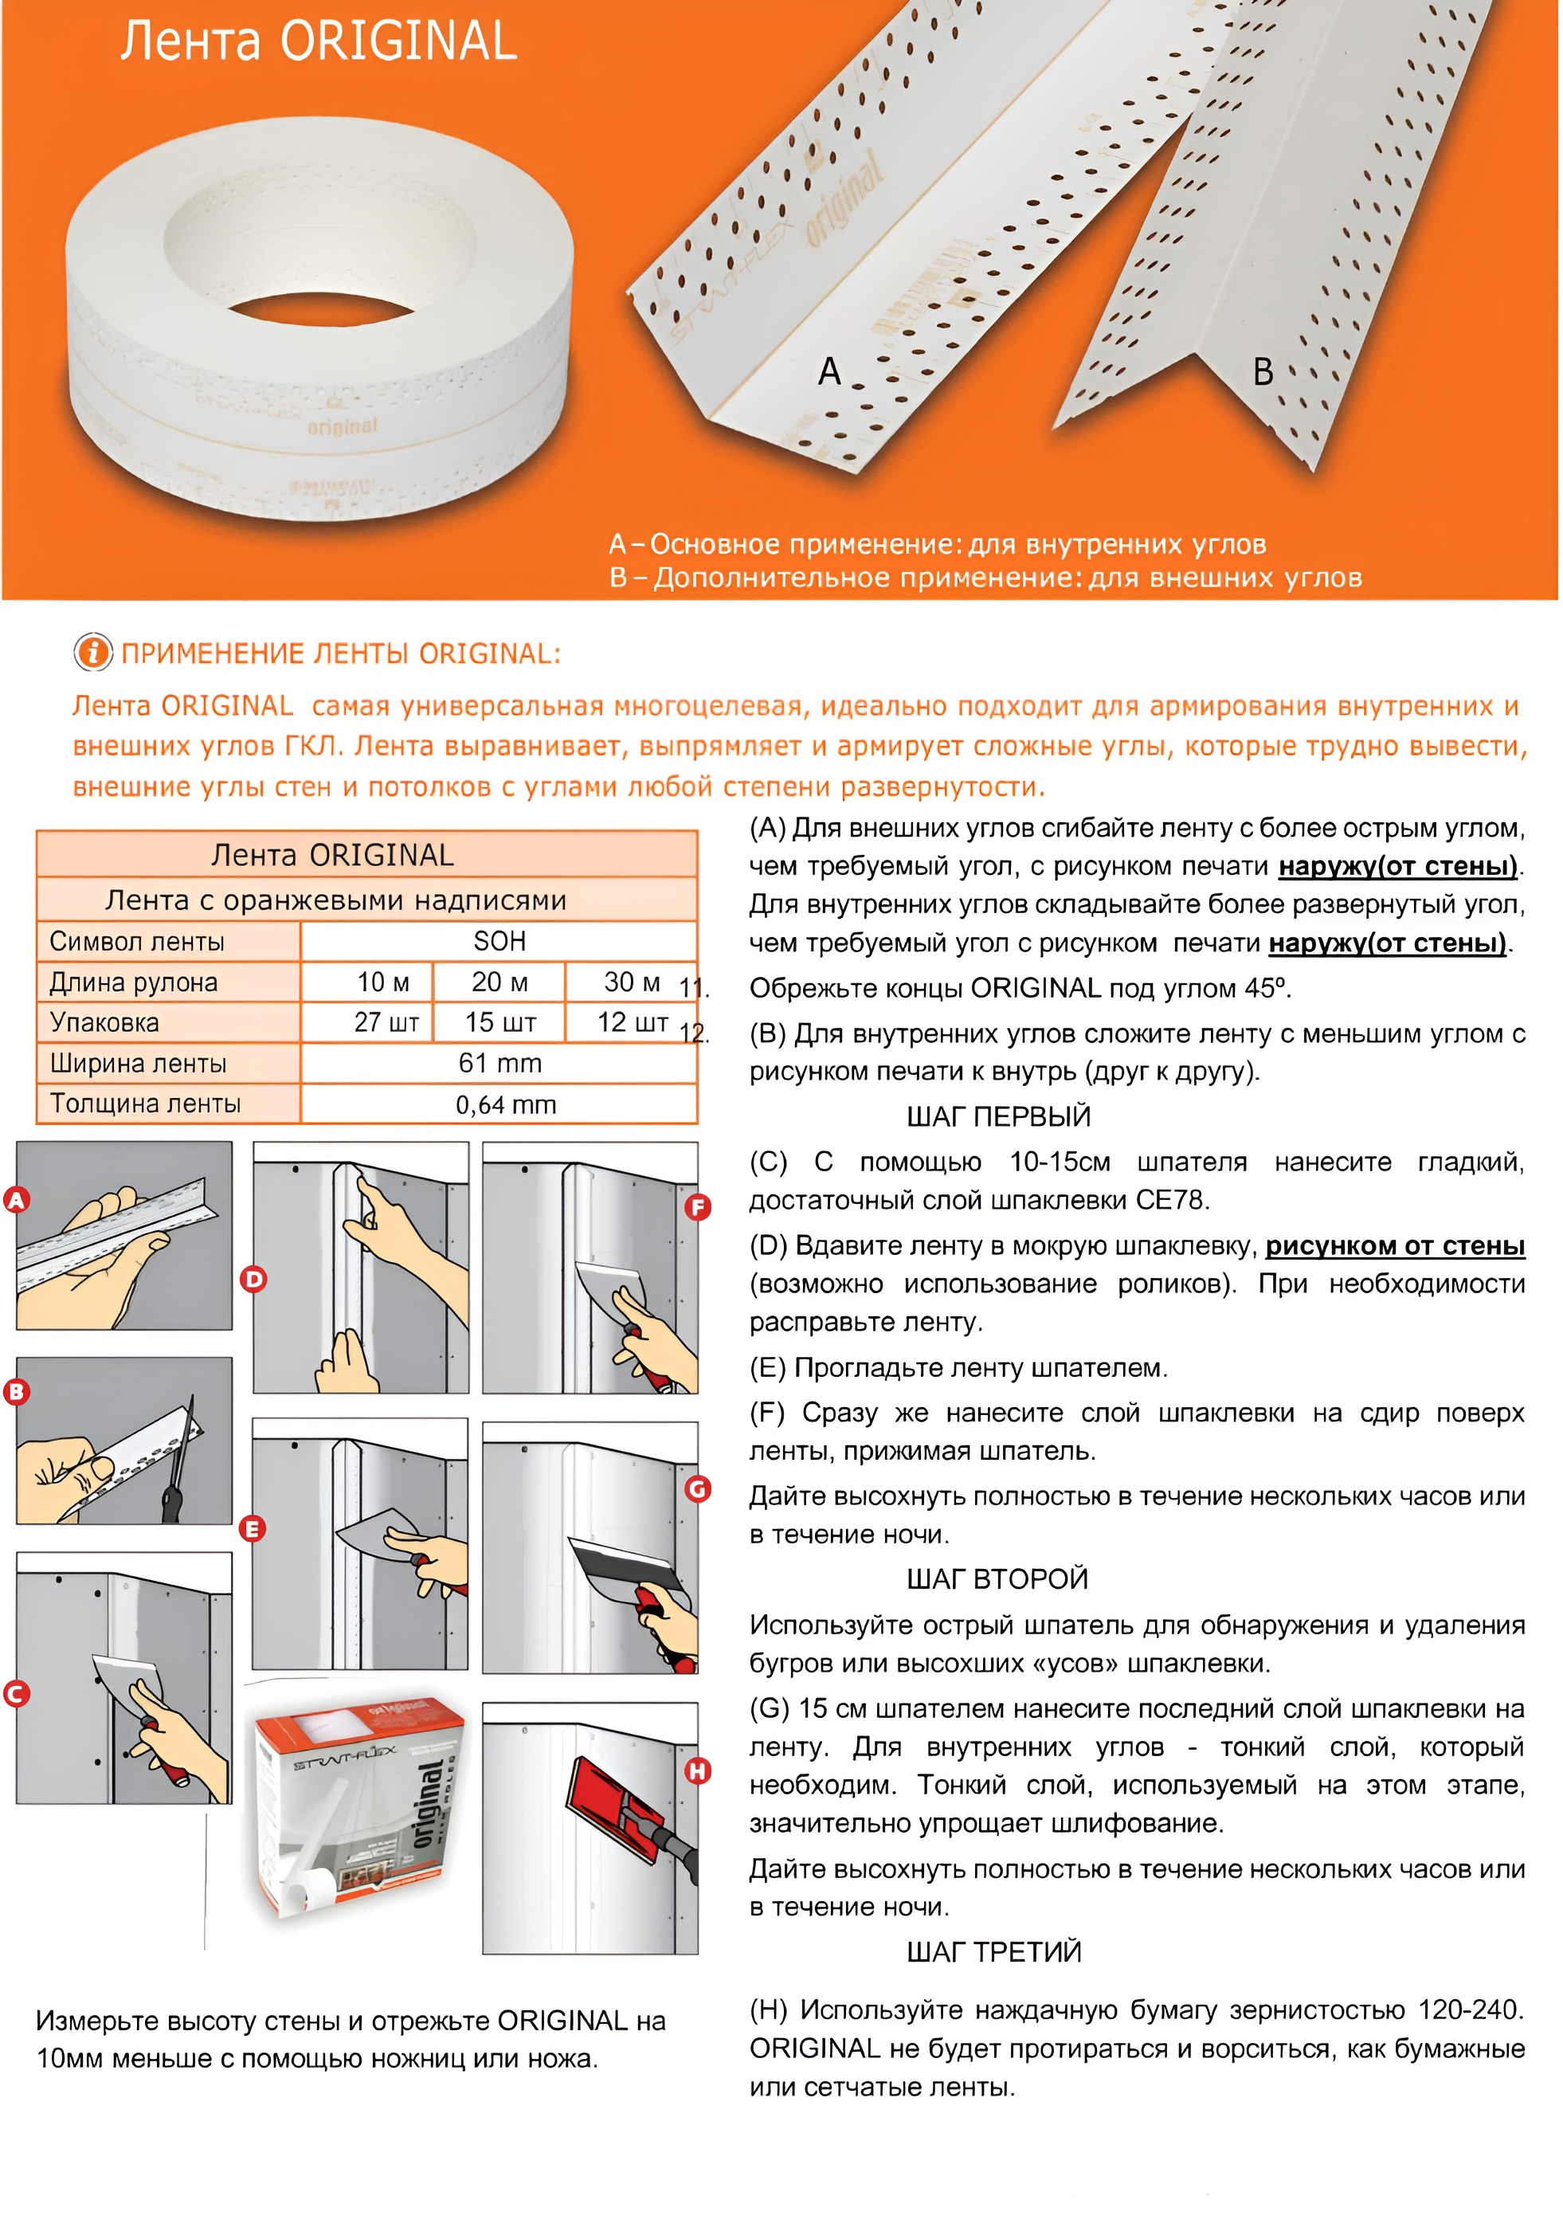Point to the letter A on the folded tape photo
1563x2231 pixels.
click(829, 371)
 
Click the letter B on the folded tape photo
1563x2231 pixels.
click(1263, 371)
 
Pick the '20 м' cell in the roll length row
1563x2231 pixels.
click(499, 982)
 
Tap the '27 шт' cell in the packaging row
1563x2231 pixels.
click(386, 1022)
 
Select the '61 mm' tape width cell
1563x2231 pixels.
click(499, 1063)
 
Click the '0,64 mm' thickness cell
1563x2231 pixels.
click(505, 1105)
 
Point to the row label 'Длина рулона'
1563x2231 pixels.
click(134, 982)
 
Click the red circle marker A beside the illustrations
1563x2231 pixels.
click(17, 1200)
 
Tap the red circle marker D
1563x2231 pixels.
click(253, 1279)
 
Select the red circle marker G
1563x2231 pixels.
click(698, 1488)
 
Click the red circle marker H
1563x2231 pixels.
click(698, 1771)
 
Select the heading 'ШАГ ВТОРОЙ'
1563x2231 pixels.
click(997, 1579)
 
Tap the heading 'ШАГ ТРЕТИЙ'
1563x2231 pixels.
click(993, 1952)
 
